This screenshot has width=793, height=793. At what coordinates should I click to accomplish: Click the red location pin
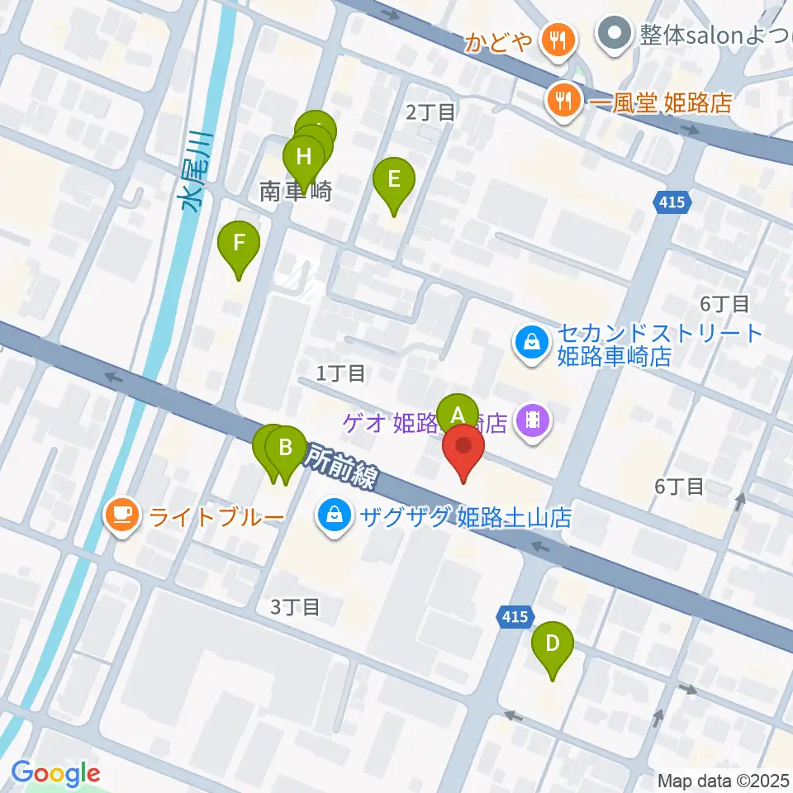(x=463, y=451)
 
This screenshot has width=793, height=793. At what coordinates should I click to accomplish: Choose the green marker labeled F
(x=239, y=245)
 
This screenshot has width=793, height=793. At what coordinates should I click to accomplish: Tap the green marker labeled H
(x=304, y=157)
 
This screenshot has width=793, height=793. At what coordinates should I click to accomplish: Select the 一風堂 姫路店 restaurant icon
(x=566, y=101)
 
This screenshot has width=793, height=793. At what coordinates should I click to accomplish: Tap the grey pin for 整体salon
(x=615, y=34)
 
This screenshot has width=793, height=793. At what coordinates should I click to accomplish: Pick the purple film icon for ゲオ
(x=533, y=424)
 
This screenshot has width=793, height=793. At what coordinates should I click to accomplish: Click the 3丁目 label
(x=296, y=607)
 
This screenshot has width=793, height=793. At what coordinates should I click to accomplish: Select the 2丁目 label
(x=431, y=113)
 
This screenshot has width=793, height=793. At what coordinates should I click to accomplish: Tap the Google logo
(x=56, y=773)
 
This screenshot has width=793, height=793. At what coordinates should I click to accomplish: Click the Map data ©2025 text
(x=724, y=781)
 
